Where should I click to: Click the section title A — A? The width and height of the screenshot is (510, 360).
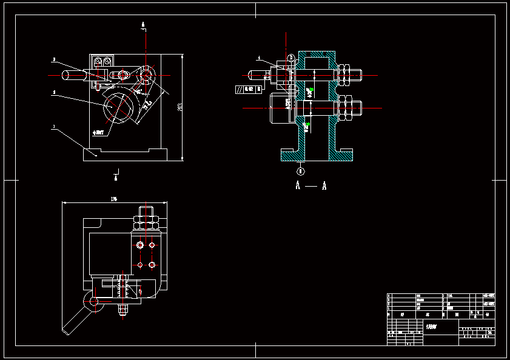311,186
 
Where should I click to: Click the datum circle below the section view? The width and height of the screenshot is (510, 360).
301,172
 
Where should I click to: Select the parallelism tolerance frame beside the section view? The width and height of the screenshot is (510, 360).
249,89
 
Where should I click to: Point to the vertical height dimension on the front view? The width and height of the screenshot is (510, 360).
181,107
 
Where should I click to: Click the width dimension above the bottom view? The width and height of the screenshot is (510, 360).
114,199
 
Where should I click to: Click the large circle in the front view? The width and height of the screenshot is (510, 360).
119,107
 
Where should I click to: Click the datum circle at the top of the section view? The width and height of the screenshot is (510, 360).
291,58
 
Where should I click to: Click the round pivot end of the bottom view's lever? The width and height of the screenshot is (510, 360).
92,301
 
